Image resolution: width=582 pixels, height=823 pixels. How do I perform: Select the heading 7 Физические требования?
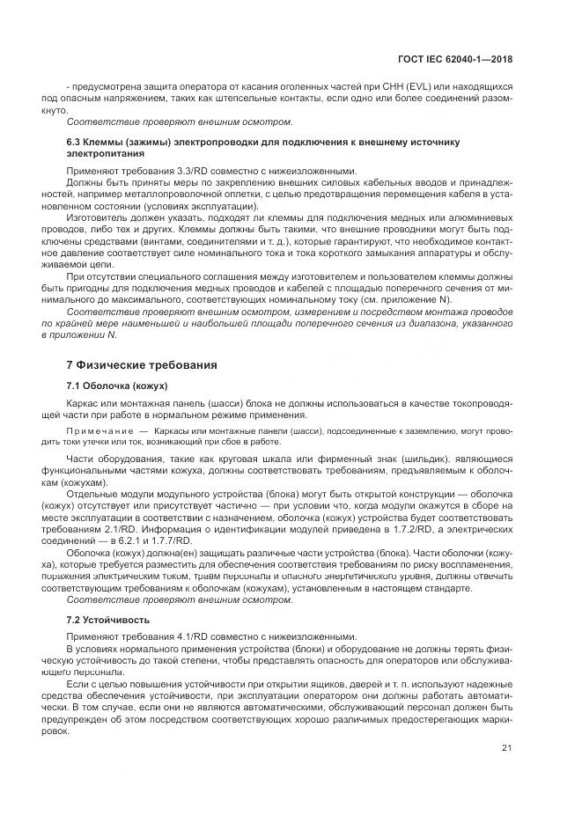(141, 364)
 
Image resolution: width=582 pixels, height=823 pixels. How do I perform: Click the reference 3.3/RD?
(180, 169)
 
